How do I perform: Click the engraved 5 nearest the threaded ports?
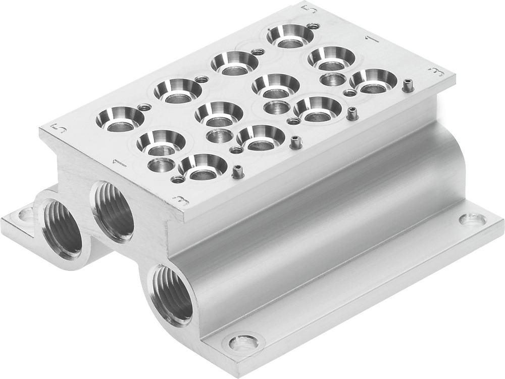[60, 128]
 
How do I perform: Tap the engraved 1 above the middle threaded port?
[119, 163]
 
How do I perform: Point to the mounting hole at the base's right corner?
[473, 219]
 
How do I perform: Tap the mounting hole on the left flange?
[25, 216]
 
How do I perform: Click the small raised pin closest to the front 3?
[235, 173]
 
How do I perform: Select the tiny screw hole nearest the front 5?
[145, 107]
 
